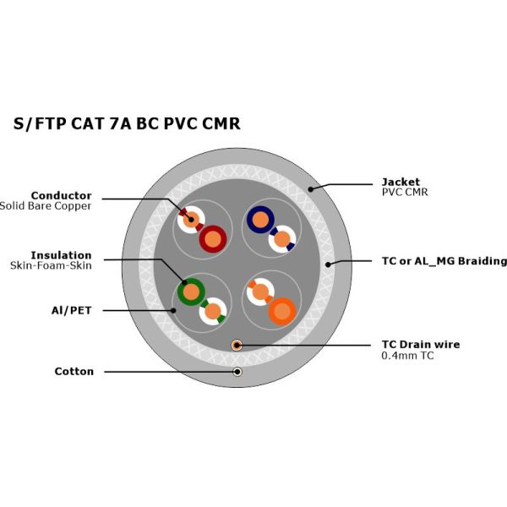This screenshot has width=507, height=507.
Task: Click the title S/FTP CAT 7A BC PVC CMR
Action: point(127,123)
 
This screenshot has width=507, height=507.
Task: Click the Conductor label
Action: point(61,195)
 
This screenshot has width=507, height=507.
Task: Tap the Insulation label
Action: point(61,255)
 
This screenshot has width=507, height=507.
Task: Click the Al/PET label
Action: point(72,310)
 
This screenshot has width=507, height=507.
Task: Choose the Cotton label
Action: point(74,371)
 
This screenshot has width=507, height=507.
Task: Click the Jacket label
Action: point(401,182)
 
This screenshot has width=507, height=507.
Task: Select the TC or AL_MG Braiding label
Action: point(444,261)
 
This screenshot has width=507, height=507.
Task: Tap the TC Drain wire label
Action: point(421,345)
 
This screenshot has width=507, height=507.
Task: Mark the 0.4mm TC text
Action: point(407,356)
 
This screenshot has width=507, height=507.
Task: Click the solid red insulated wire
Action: point(213,239)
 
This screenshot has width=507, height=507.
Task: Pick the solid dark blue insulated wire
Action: point(260,220)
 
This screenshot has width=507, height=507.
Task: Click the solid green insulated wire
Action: point(191,292)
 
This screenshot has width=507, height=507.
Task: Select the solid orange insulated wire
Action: point(282,312)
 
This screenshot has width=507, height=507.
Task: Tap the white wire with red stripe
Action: point(191,220)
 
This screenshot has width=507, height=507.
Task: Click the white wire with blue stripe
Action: point(282,239)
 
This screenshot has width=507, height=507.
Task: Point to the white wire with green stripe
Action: point(213,312)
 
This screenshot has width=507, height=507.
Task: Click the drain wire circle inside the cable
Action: point(237,345)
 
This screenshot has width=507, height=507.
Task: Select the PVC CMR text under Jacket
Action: point(405,192)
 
